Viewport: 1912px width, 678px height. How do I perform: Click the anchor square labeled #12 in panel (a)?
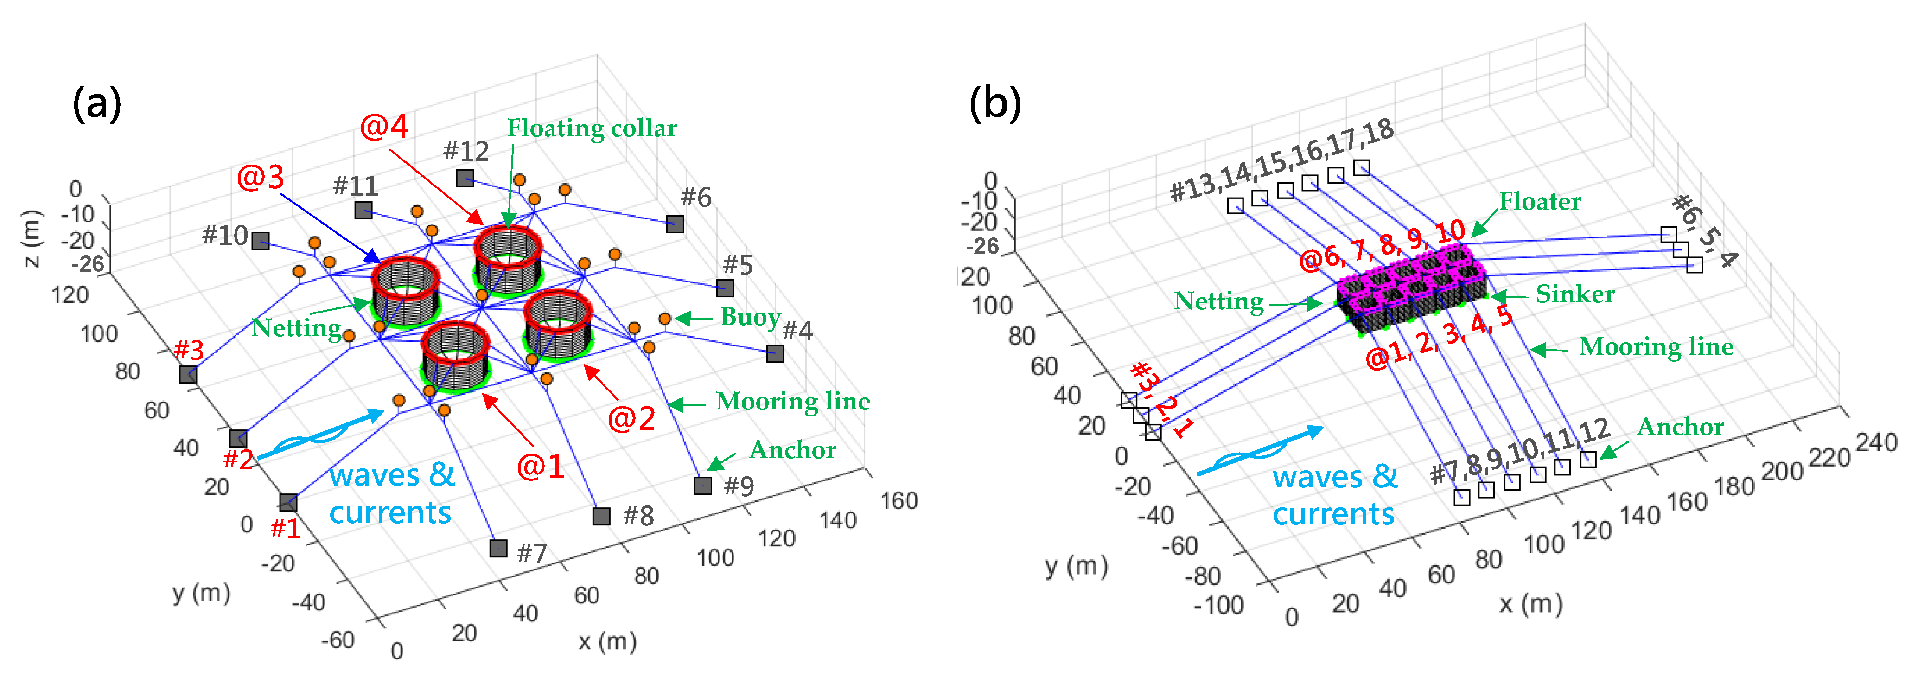pos(465,178)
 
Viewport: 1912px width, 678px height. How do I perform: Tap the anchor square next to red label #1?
pos(288,503)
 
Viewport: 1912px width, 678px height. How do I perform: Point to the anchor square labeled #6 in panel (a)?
pos(674,224)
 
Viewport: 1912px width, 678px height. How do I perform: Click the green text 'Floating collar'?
pos(592,128)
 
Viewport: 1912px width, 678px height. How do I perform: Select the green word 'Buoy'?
pos(750,317)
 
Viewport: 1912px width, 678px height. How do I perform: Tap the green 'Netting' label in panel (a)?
pos(296,327)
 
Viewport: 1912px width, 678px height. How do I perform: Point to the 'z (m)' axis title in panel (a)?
pos(31,239)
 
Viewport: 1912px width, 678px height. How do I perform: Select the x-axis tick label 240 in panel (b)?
pos(1876,442)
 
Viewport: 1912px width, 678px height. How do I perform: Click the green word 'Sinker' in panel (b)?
pos(1575,294)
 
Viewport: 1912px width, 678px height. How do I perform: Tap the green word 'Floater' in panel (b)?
pos(1539,201)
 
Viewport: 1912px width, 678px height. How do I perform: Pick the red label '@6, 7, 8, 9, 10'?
pos(1382,246)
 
